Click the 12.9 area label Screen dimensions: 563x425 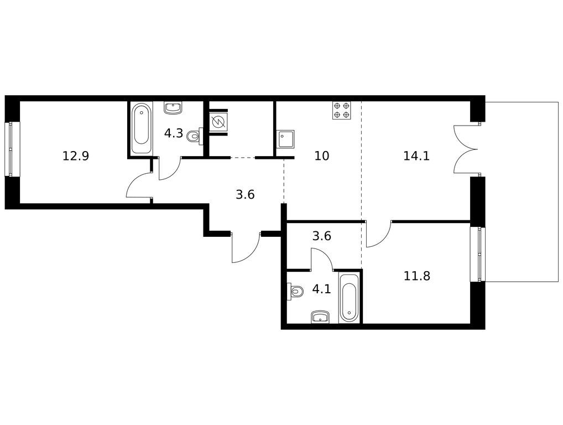[75, 156]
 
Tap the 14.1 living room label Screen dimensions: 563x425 [416, 156]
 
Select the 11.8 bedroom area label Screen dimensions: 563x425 [416, 276]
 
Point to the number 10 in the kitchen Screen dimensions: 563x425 [321, 156]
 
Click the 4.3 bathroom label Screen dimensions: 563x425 [174, 133]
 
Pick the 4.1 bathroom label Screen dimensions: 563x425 [321, 289]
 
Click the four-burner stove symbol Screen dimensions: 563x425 [341, 110]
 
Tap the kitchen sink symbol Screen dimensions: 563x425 [285, 139]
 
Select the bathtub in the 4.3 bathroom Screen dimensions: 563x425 [140, 128]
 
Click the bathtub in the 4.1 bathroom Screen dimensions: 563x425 [349, 297]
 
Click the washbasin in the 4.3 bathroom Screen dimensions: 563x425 [174, 108]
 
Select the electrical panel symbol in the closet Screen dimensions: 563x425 [217, 122]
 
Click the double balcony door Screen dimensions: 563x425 [466, 149]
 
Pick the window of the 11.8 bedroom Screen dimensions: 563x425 [477, 255]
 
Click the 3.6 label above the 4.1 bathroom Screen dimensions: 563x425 [321, 236]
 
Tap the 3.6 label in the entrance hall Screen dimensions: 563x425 [245, 195]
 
